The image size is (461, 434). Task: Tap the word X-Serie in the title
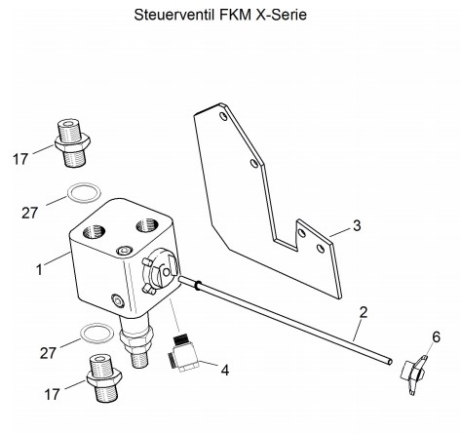point(282,15)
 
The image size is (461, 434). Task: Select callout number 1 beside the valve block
point(39,269)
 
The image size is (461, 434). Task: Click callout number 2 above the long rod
point(364,312)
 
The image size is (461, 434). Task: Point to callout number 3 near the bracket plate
point(357,225)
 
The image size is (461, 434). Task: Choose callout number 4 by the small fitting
point(225,370)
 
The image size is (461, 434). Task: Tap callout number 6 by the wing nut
point(436,337)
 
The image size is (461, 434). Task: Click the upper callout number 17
point(20,159)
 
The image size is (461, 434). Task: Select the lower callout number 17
point(52,394)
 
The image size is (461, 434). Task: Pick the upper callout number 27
point(30,214)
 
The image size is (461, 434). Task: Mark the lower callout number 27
point(48,353)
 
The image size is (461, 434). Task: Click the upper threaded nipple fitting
point(72,142)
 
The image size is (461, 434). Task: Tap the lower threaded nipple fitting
point(104,378)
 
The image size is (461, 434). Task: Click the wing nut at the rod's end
point(414,375)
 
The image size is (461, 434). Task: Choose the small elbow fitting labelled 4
point(183,354)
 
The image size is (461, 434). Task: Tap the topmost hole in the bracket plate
point(223,116)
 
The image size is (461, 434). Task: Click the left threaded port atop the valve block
point(95,231)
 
